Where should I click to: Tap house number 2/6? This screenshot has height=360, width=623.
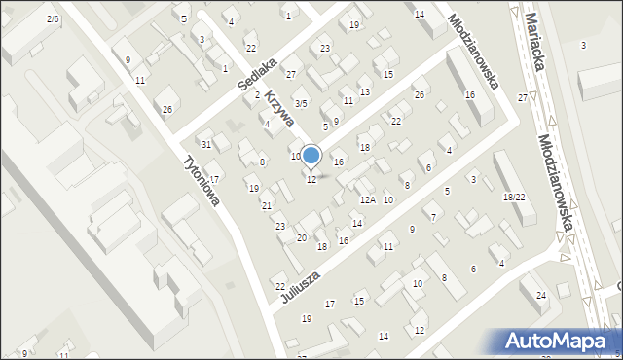[53, 18]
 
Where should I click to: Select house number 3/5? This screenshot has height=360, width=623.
[302, 103]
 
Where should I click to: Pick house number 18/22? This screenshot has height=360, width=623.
[514, 197]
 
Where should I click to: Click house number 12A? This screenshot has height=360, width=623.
[367, 199]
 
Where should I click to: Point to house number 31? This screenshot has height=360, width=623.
[206, 144]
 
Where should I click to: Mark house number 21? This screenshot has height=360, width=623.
[267, 205]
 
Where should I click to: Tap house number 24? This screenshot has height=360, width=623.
[541, 295]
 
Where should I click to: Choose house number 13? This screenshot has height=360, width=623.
[365, 91]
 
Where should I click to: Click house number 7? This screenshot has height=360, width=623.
[433, 216]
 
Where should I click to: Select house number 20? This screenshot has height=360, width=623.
[302, 238]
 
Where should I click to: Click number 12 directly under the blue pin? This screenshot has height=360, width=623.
[311, 180]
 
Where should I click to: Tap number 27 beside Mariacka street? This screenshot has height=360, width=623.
[523, 97]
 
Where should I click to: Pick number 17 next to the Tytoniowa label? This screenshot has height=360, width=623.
[214, 179]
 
